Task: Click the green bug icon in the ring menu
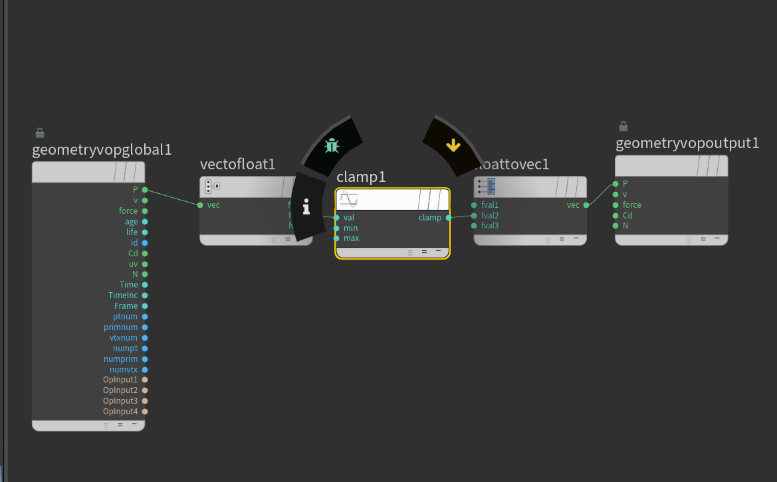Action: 332,145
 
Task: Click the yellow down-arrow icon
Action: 453,145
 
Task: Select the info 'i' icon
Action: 306,208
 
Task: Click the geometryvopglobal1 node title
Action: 102,149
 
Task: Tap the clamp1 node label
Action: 361,177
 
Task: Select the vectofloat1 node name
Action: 237,164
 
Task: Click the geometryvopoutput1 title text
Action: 687,143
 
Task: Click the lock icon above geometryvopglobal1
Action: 40,133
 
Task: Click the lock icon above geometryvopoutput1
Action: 623,126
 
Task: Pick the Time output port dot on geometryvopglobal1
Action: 145,285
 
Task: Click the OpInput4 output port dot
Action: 145,412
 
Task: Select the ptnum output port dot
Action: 145,317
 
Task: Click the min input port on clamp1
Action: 337,228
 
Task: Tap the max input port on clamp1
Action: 337,238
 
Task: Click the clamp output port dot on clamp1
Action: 449,218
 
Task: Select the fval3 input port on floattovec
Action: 474,226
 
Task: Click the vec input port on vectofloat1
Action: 200,205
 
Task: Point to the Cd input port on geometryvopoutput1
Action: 615,216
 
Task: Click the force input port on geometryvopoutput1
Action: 615,205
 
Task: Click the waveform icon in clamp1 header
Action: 349,199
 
